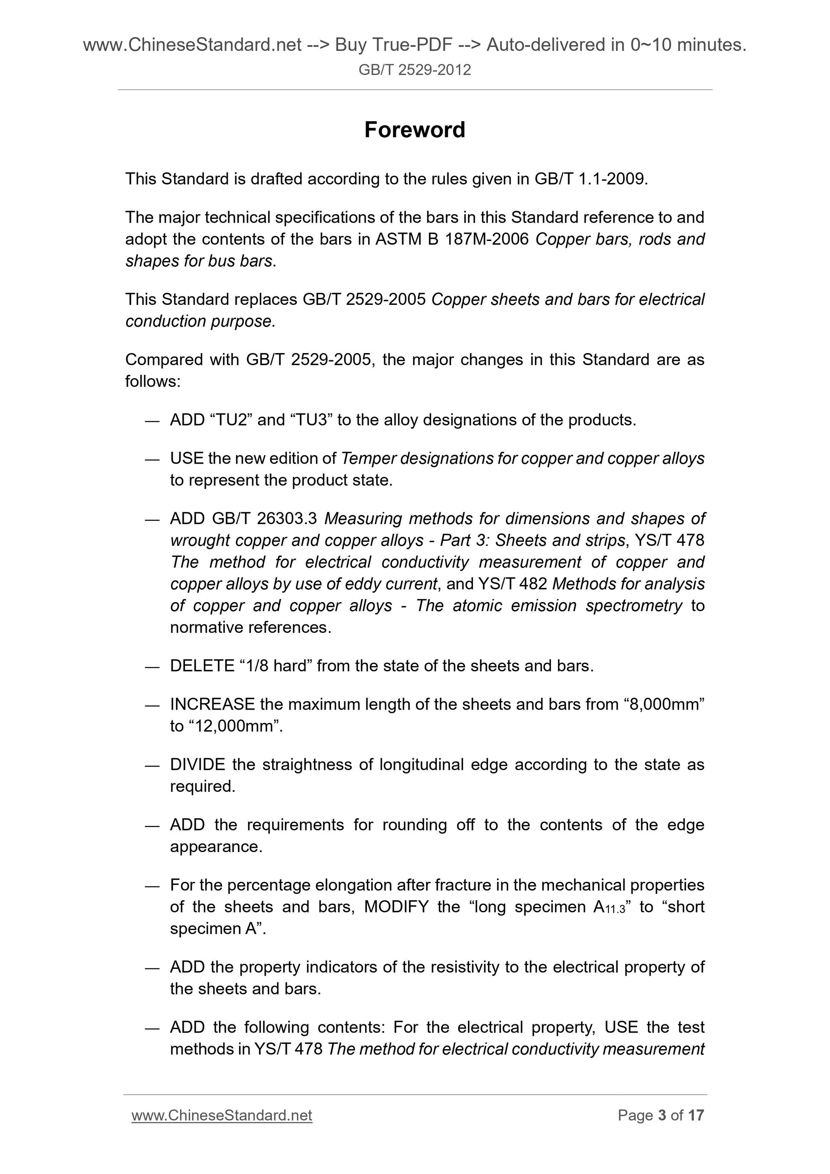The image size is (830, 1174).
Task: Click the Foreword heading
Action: [x=415, y=130]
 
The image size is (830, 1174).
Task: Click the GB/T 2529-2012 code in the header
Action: [x=415, y=70]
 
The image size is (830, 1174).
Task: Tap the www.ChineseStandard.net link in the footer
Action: [x=221, y=1115]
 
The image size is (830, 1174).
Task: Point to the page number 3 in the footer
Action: [x=662, y=1115]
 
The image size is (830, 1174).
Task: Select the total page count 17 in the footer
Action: [x=696, y=1115]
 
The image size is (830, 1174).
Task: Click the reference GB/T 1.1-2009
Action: [x=591, y=179]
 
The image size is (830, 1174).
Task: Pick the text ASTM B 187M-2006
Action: [x=452, y=239]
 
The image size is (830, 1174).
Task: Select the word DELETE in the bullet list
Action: [x=202, y=666]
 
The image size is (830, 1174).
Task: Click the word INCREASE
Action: [x=212, y=704]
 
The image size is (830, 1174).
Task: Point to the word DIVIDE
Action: [x=197, y=765]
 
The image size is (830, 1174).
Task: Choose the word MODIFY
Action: [x=396, y=907]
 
